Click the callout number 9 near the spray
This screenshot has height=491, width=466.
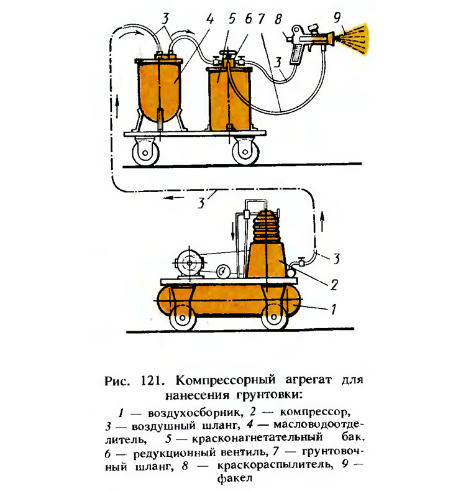pos(337,18)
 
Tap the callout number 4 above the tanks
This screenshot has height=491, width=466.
pos(209,19)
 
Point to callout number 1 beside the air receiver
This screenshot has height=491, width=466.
pos(333,309)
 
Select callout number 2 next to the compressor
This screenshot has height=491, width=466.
pos(334,285)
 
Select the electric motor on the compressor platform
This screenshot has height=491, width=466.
pos(189,265)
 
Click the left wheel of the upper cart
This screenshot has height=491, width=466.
pos(146,152)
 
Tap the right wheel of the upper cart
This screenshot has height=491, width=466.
pos(245,152)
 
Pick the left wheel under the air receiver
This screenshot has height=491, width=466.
pos(183,318)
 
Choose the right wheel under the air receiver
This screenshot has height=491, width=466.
pos(274,318)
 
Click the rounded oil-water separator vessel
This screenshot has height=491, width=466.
pos(158,90)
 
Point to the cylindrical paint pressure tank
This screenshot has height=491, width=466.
pos(229,97)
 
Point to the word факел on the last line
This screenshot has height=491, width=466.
pos(234,479)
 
